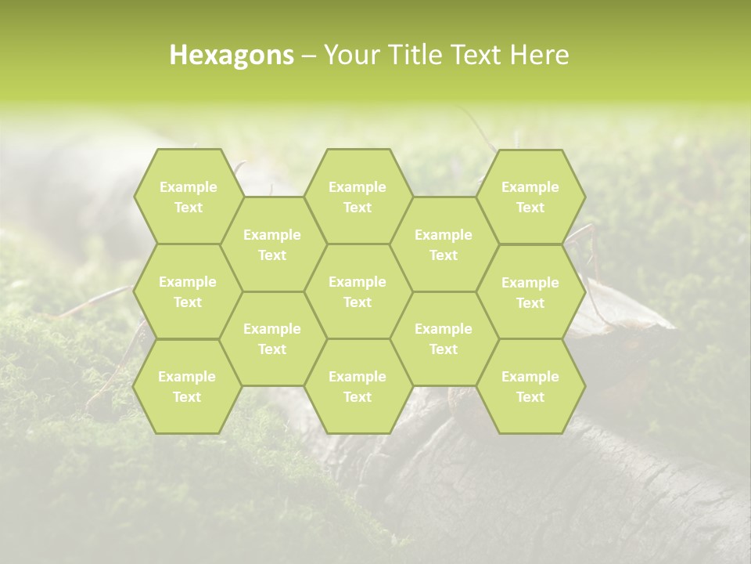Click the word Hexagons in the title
[x=232, y=55]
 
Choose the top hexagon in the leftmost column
[x=188, y=197]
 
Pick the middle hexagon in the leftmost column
[x=188, y=291]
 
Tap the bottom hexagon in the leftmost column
[x=187, y=386]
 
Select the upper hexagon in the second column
[x=272, y=244]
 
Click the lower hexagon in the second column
[x=272, y=338]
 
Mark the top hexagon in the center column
[x=358, y=197]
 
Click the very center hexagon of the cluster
[x=358, y=291]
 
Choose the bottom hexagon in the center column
[x=358, y=386]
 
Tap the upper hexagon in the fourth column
[x=444, y=244]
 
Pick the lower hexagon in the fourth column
[x=444, y=338]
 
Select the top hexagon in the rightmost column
[x=530, y=197]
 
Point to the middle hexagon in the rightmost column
[x=530, y=292]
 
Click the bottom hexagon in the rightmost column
[x=530, y=386]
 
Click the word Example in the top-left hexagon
[x=188, y=187]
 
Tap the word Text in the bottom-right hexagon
[x=530, y=397]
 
